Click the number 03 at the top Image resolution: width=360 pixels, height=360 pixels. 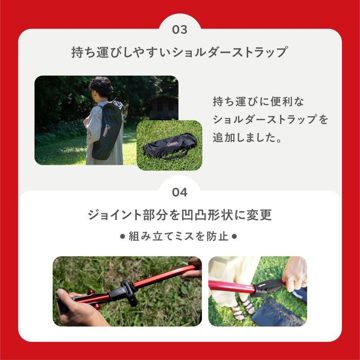click(180, 30)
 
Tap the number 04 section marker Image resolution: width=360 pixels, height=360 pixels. click(180, 192)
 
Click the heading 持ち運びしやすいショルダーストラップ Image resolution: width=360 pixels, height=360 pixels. click(180, 52)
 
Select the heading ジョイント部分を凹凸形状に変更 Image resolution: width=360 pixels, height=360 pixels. click(180, 215)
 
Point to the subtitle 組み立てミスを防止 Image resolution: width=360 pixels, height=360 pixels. click(180, 235)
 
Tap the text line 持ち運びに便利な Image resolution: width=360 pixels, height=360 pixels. click(259, 102)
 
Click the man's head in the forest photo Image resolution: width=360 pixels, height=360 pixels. click(100, 86)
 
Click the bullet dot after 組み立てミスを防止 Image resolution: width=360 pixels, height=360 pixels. click(237, 235)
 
